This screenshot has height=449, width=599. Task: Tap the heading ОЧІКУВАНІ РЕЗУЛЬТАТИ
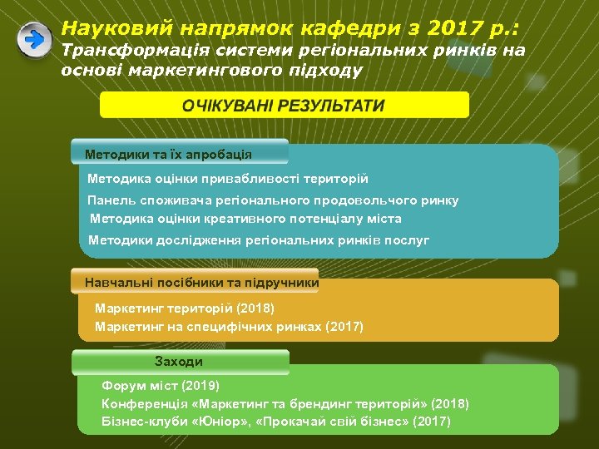(x=285, y=106)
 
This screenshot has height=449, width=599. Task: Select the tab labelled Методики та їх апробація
(x=168, y=155)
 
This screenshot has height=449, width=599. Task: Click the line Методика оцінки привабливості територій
(x=228, y=179)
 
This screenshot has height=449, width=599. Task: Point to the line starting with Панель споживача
(x=273, y=200)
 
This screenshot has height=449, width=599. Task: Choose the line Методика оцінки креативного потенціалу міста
(x=245, y=219)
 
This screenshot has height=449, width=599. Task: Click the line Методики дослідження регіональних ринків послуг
(x=259, y=240)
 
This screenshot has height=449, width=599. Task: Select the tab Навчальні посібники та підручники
(x=201, y=283)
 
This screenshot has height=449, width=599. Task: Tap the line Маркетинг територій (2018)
(x=185, y=308)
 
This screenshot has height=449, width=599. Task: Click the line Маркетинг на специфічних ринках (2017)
(x=229, y=327)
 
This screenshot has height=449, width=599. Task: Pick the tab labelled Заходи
(x=179, y=362)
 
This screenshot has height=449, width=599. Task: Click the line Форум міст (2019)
(x=161, y=386)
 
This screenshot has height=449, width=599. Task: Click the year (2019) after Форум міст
(x=200, y=386)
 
